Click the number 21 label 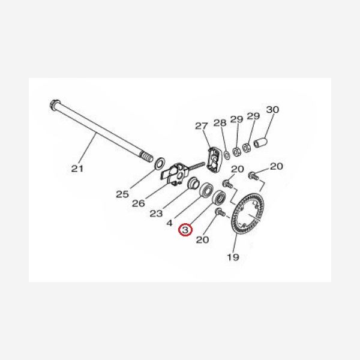pyautogui.click(x=77, y=169)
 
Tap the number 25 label pyautogui.click(x=122, y=194)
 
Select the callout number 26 pyautogui.click(x=139, y=203)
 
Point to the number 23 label pyautogui.click(x=156, y=214)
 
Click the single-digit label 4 pyautogui.click(x=169, y=223)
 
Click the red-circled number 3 pyautogui.click(x=185, y=230)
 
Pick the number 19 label pyautogui.click(x=233, y=257)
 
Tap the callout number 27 pyautogui.click(x=202, y=126)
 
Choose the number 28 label pyautogui.click(x=220, y=123)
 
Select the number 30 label pyautogui.click(x=272, y=110)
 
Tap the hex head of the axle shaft pyautogui.click(x=55, y=104)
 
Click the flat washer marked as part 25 pyautogui.click(x=160, y=163)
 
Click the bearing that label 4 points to pyautogui.click(x=205, y=190)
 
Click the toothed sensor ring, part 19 pyautogui.click(x=247, y=213)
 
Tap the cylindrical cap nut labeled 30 pyautogui.click(x=260, y=142)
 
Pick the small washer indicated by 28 pyautogui.click(x=227, y=155)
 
